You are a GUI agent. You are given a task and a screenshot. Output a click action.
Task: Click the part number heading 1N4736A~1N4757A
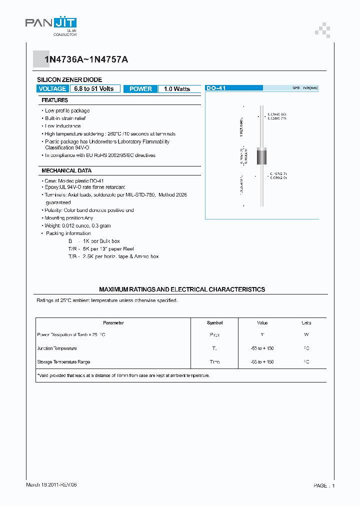tap(86, 59)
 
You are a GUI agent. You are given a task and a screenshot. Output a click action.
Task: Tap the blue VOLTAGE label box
tap(52, 88)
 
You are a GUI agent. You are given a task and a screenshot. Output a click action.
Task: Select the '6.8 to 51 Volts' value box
tap(94, 88)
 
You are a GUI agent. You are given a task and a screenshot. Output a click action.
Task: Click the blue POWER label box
tap(140, 88)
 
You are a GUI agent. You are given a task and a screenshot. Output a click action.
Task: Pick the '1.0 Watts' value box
tap(177, 88)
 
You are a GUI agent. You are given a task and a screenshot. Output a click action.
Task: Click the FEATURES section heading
tap(55, 100)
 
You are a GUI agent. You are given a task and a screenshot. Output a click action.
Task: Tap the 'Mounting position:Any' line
tap(68, 218)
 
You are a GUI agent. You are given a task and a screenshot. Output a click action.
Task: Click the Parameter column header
tap(113, 323)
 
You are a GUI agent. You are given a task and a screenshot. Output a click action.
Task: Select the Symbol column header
tap(214, 323)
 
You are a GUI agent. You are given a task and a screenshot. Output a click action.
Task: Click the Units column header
tap(306, 323)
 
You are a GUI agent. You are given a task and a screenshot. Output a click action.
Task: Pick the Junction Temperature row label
tap(57, 348)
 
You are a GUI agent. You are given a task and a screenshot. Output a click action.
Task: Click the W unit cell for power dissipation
tap(306, 335)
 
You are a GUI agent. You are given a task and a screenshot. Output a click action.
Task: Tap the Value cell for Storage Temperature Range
tap(262, 361)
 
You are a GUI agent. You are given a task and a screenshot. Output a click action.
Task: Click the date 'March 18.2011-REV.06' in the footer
tap(51, 485)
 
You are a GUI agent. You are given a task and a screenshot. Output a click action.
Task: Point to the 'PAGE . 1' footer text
tap(324, 485)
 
